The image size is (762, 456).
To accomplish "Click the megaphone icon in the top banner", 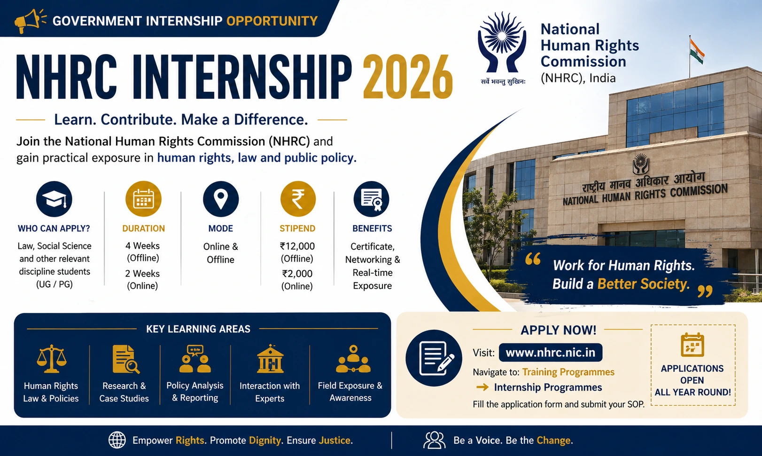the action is coord(30,20).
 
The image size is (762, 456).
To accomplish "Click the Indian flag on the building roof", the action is coord(697,51).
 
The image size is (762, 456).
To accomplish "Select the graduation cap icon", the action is coord(54,199).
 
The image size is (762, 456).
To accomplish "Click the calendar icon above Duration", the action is coord(143,199).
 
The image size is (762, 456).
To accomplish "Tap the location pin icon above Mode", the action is coord(221,199).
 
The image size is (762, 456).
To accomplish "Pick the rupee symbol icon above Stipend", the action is coord(298,199).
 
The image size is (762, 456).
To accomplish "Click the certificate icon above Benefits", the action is coord(371,199).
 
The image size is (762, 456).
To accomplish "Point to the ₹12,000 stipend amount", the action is coord(297,246).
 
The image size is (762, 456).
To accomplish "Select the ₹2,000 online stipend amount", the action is coord(297,274).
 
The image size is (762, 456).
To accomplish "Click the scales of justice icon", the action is coord(51,359).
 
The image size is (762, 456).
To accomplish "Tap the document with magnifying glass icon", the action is coord(125,359).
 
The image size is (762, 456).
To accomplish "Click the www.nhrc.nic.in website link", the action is coord(551,352).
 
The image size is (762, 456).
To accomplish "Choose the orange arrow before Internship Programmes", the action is coord(482,387).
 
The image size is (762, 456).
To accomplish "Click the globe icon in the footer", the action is coord(117,440).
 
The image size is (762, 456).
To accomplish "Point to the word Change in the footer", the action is coord(553,440).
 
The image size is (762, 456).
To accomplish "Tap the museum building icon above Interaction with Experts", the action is coord(270,359).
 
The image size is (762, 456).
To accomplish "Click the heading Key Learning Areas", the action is coord(198,329).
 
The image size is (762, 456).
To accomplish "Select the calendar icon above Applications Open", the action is coord(692,345).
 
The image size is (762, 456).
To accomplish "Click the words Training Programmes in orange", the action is coord(568,372).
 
